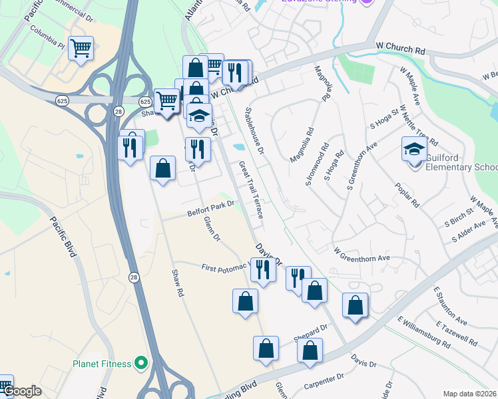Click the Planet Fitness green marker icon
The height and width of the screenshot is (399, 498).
tap(140, 363)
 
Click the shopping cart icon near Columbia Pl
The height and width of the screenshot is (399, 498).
tap(81, 48)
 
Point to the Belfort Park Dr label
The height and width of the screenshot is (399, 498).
tap(212, 207)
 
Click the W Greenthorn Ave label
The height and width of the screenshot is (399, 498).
tap(361, 255)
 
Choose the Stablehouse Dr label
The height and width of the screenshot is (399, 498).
tap(256, 127)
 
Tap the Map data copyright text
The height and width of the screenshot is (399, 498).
tap(469, 394)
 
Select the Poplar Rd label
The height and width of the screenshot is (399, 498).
tap(406, 194)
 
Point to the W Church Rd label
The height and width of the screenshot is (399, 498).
tap(400, 49)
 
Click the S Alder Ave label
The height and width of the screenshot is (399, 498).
tap(469, 233)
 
